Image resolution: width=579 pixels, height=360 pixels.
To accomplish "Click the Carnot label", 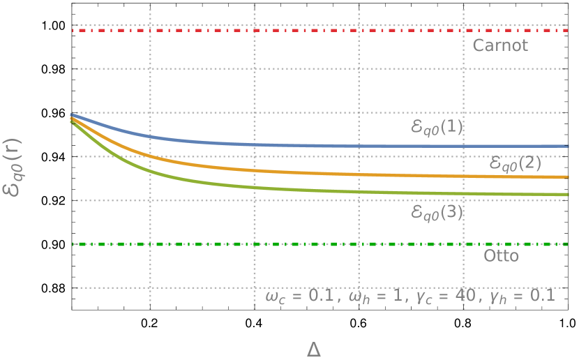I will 500,46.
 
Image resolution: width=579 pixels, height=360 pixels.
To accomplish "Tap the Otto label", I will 501,256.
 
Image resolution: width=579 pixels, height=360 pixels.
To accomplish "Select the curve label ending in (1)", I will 437,127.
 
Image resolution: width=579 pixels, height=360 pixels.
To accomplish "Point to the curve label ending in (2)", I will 516,163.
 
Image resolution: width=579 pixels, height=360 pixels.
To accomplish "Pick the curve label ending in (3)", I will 437,212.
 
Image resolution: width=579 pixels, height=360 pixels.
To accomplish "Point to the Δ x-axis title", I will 313,349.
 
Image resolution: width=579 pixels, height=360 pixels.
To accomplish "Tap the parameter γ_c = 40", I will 444,296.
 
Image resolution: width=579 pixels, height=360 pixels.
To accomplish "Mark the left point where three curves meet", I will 73,117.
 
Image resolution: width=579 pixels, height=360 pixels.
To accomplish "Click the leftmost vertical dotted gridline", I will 151,84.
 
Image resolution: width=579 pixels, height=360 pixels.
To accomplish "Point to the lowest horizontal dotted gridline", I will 174,287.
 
